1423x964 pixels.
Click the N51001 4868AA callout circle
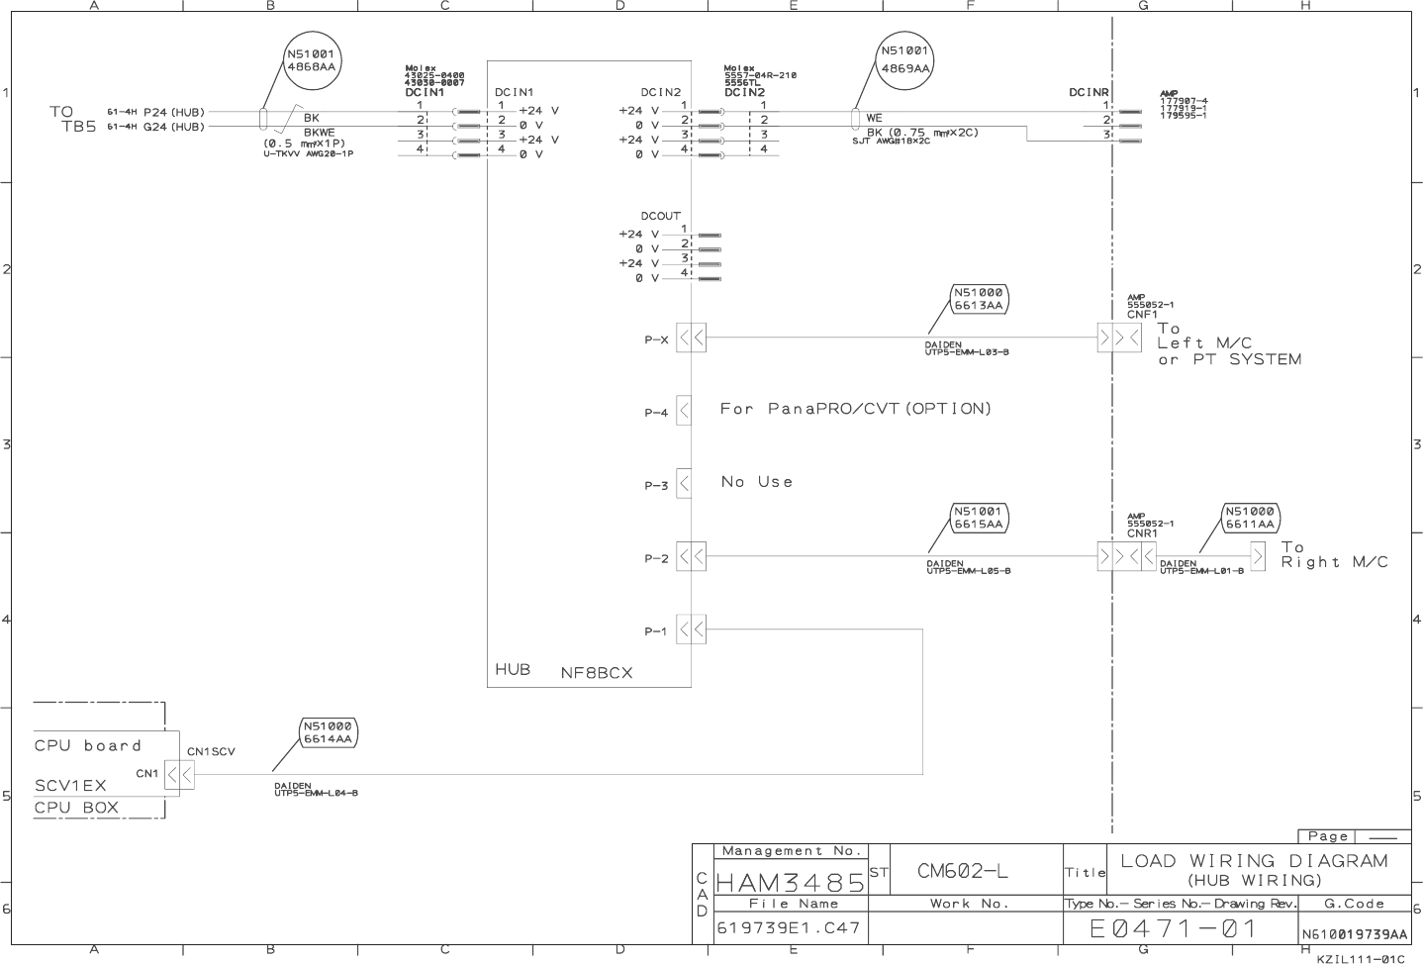tap(311, 61)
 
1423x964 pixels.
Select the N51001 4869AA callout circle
tap(905, 60)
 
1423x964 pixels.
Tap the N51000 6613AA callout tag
tap(979, 299)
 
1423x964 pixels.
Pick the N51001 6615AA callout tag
tap(979, 518)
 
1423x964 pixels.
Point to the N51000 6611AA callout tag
tap(1250, 518)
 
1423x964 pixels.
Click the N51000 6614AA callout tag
tap(328, 732)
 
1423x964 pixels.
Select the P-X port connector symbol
tap(691, 338)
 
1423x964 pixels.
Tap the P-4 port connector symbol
tap(684, 411)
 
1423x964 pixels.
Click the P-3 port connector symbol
tap(684, 484)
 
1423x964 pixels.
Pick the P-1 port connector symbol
tap(691, 629)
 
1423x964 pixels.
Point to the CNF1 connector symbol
tap(1119, 338)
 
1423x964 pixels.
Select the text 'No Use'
tap(757, 482)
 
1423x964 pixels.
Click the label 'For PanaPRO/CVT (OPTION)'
tap(855, 409)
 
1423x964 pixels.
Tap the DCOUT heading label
tap(660, 216)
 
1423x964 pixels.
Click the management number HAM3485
tap(789, 880)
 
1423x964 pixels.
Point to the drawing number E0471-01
tap(1173, 929)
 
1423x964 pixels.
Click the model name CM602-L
tap(962, 871)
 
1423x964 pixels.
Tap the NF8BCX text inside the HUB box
tap(596, 673)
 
